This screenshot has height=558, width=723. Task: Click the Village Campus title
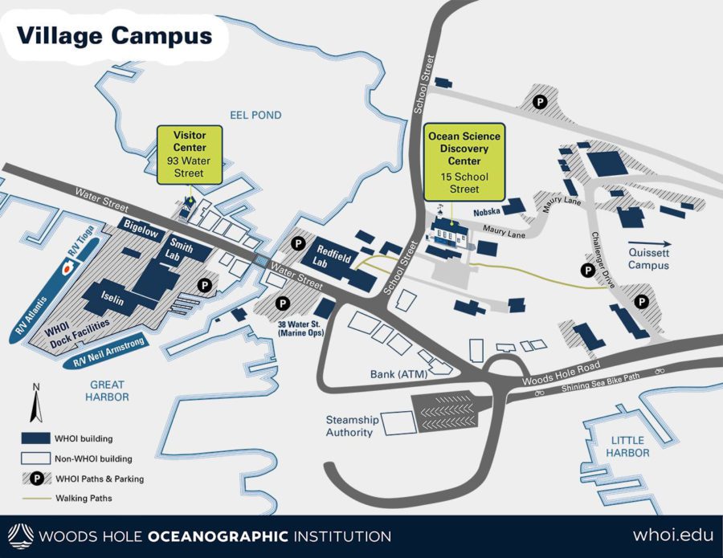114,36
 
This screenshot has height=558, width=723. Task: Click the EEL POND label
255,116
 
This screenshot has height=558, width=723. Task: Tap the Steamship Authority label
349,426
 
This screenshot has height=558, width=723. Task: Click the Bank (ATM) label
399,373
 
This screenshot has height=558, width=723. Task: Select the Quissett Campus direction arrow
649,243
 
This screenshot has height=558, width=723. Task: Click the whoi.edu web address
672,535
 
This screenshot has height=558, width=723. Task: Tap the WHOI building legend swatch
34,438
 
